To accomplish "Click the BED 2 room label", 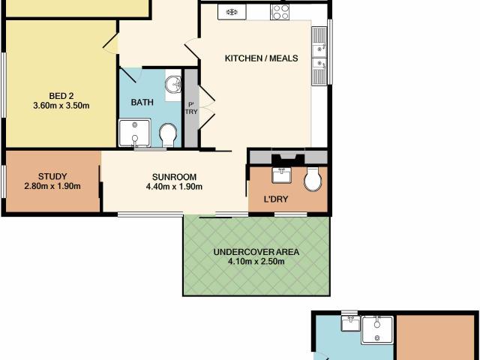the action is pyautogui.click(x=61, y=96).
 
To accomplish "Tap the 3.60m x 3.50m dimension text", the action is pyautogui.click(x=61, y=106).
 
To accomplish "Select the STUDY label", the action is pyautogui.click(x=52, y=176).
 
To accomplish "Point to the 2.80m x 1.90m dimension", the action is pyautogui.click(x=52, y=186).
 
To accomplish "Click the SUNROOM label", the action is pyautogui.click(x=174, y=177).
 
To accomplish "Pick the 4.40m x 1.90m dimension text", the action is pyautogui.click(x=174, y=187).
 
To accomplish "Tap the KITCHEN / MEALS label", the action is pyautogui.click(x=262, y=58).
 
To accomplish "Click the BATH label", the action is pyautogui.click(x=142, y=102).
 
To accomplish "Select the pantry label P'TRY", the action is pyautogui.click(x=191, y=108).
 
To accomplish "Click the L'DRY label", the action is pyautogui.click(x=276, y=199).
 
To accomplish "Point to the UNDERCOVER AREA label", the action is pyautogui.click(x=256, y=252).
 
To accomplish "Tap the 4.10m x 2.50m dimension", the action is pyautogui.click(x=256, y=262).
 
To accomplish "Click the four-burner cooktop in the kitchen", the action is pyautogui.click(x=280, y=12).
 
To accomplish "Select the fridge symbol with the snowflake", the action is pyautogui.click(x=232, y=12).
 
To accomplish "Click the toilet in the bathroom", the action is pyautogui.click(x=168, y=135).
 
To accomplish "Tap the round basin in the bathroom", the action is pyautogui.click(x=173, y=84).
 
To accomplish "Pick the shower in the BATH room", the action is pyautogui.click(x=135, y=133).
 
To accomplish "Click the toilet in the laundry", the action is pyautogui.click(x=313, y=179).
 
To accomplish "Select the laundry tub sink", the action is pyautogui.click(x=282, y=175).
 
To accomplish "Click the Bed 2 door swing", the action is pyautogui.click(x=110, y=43).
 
